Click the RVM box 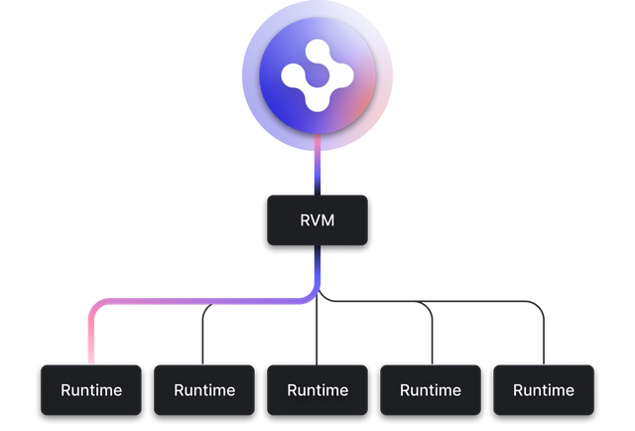pyautogui.click(x=317, y=219)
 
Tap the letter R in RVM pyautogui.click(x=306, y=219)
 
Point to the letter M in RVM pyautogui.click(x=329, y=219)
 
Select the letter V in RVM pyautogui.click(x=317, y=219)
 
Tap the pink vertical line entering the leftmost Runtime pyautogui.click(x=91, y=343)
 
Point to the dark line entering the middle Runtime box pyautogui.click(x=317, y=338)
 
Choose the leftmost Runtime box pyautogui.click(x=91, y=389)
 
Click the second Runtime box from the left pyautogui.click(x=204, y=389)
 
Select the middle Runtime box pyautogui.click(x=317, y=389)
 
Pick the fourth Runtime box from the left pyautogui.click(x=431, y=389)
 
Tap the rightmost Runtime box pyautogui.click(x=544, y=389)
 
